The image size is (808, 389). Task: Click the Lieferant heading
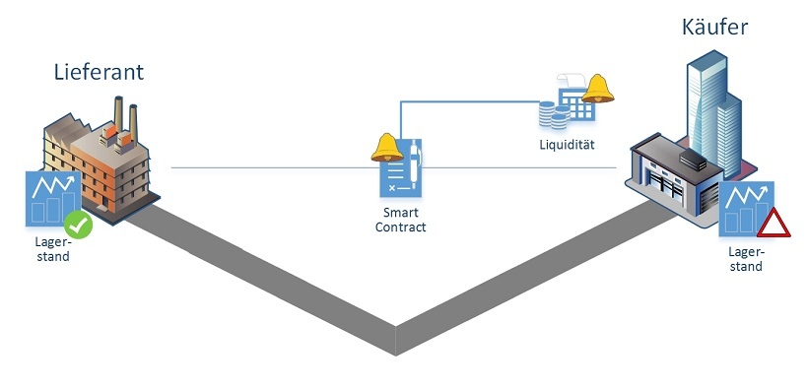point(99,72)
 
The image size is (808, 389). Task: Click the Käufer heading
point(714,27)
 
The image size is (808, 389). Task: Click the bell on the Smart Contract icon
point(390,148)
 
